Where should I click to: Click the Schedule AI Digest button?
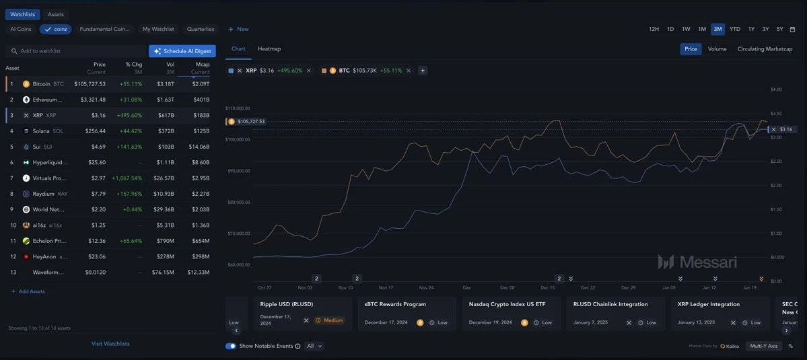tap(182, 51)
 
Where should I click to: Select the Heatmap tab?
tap(269, 48)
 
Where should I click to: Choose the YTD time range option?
tap(735, 29)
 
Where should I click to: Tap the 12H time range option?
tap(654, 29)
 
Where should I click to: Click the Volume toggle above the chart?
tap(717, 49)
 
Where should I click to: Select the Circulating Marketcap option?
tap(765, 49)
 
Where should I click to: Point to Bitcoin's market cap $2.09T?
tap(201, 84)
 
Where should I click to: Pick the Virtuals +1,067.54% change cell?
tap(127, 178)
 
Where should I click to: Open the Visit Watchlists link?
tap(110, 344)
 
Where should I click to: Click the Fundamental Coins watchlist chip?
tap(104, 30)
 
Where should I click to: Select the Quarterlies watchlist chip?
tap(200, 30)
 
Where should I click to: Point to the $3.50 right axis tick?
tap(775, 114)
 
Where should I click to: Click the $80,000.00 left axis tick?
tap(238, 202)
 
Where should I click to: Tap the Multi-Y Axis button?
tap(763, 346)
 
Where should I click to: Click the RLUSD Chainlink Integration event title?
tap(610, 304)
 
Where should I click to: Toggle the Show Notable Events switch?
tap(231, 346)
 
